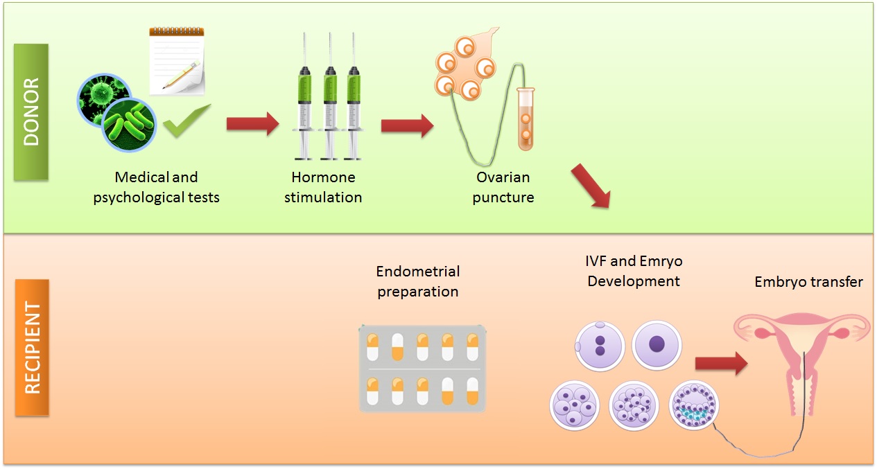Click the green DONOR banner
31,112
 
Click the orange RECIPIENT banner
32,347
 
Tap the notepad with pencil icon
177,61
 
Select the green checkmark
186,121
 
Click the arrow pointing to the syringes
252,123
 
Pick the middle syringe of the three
330,96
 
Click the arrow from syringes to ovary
407,125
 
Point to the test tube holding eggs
526,119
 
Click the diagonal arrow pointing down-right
591,186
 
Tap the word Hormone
323,177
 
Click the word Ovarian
503,177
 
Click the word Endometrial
418,272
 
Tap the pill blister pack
422,369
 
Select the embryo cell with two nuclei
600,346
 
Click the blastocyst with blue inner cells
693,406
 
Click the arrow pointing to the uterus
722,364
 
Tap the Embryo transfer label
809,282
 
